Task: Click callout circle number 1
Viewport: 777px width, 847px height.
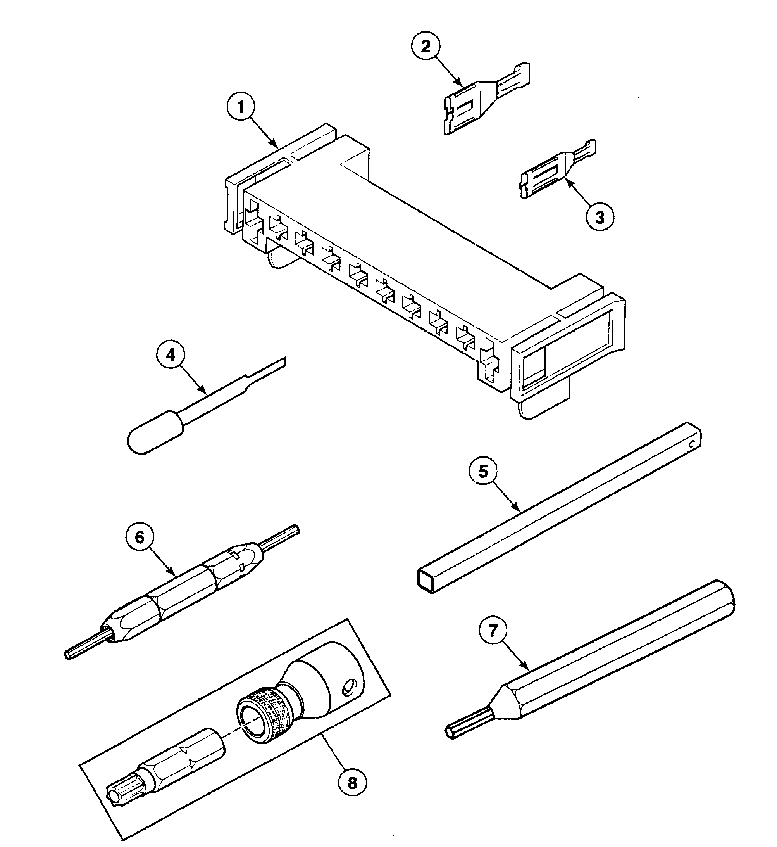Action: point(241,107)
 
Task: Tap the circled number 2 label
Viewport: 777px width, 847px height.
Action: point(426,46)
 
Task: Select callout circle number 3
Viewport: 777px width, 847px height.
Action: point(600,218)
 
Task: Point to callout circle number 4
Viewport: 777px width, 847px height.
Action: point(170,355)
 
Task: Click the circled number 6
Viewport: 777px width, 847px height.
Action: point(140,537)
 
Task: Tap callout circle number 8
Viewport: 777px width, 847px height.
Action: point(352,783)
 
